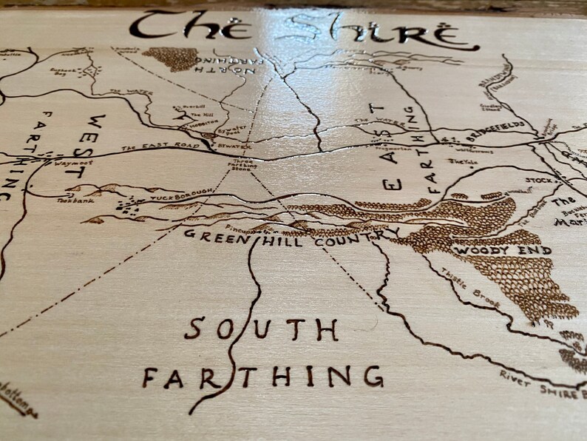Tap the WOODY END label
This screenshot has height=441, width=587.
coord(503,251)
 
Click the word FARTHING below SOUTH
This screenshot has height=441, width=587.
coord(263,377)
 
